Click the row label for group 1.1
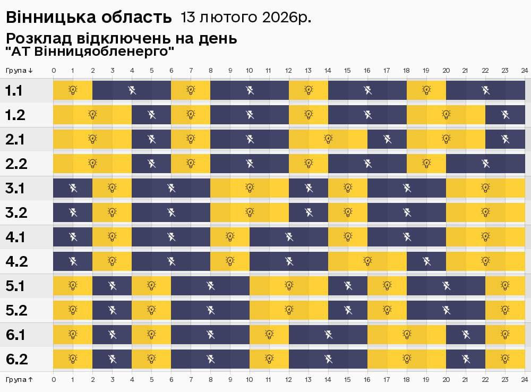[x=14, y=91]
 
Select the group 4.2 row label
[x=16, y=262]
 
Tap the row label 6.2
[x=16, y=360]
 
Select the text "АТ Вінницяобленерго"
[x=90, y=52]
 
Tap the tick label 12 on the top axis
[x=288, y=71]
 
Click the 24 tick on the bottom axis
[x=524, y=380]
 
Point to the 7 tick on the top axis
[x=191, y=71]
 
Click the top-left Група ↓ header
[x=19, y=71]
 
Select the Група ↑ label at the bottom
[x=19, y=380]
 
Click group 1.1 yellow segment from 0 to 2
[x=73, y=90]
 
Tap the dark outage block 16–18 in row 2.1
[x=387, y=139]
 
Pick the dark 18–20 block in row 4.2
[x=426, y=261]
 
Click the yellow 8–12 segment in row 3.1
[x=250, y=188]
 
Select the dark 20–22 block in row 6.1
[x=466, y=335]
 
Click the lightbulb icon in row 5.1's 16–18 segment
[x=387, y=286]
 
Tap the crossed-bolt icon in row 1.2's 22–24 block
[x=505, y=114]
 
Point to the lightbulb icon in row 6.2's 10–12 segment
[x=269, y=359]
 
